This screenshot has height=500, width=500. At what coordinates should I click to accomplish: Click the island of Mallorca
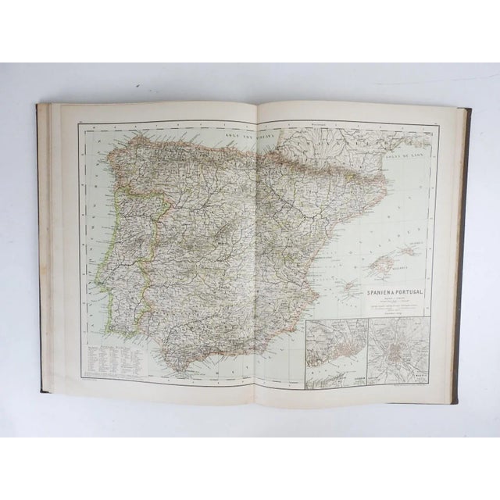pyautogui.click(x=380, y=259)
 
